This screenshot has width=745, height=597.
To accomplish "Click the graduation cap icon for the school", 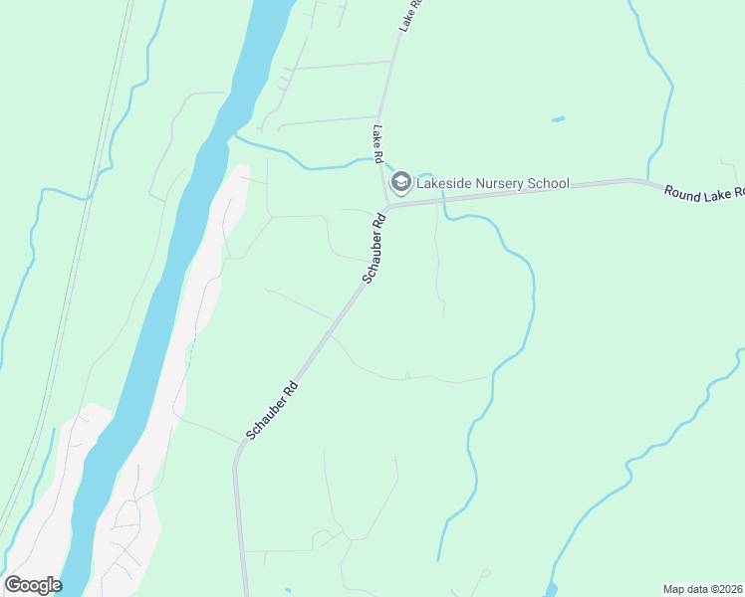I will point(401,181).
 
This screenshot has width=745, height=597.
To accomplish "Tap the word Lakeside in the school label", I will point(444,183).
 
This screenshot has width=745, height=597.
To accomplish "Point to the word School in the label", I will point(549,183).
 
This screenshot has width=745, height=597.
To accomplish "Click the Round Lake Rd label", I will point(704,190).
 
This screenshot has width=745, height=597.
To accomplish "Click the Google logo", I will point(33,584).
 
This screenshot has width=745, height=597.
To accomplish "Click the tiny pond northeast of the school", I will point(558,119).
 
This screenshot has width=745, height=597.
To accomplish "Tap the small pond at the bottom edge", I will point(552,590).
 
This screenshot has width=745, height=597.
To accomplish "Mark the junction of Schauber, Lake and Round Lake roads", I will point(387,207).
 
